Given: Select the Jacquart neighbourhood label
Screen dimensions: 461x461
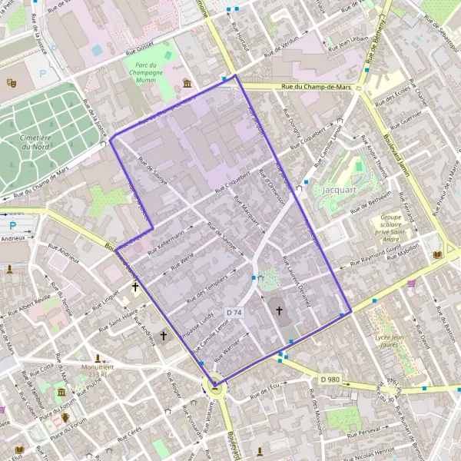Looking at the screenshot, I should (x=338, y=187).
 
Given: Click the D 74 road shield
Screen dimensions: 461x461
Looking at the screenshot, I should (x=234, y=312).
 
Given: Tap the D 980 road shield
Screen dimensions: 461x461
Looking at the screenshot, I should (x=330, y=379).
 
